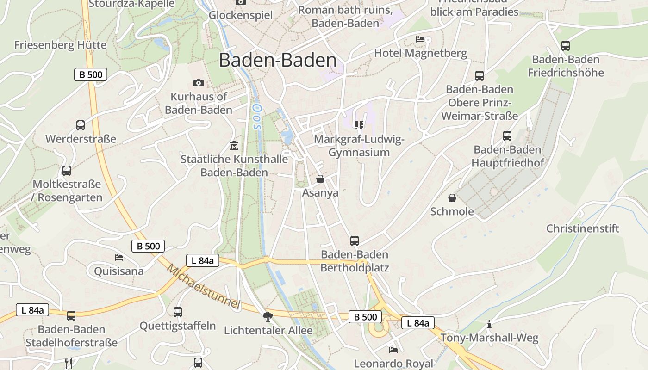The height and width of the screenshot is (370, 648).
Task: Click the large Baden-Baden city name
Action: (278, 61)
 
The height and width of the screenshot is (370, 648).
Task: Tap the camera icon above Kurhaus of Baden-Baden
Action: (199, 83)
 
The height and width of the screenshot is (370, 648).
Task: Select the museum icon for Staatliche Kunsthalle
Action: (234, 146)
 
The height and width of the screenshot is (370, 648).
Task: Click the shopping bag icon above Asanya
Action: (320, 179)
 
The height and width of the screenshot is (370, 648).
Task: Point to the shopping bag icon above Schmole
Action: (452, 198)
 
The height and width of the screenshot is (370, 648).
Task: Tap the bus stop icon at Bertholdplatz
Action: (355, 240)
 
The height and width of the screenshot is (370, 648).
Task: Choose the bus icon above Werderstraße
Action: (81, 125)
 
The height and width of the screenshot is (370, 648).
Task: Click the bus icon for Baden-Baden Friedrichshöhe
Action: (565, 46)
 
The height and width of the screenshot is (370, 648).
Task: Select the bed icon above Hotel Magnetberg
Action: (420, 39)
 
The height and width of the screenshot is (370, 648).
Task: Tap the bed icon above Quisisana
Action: (119, 257)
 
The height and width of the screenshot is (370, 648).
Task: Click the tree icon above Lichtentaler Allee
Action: (268, 316)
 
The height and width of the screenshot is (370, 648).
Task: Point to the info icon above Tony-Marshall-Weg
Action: (489, 324)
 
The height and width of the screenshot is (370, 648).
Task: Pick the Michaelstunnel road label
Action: (204, 286)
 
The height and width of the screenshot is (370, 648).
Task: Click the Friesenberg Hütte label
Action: (60, 45)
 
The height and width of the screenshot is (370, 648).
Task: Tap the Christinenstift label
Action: (583, 228)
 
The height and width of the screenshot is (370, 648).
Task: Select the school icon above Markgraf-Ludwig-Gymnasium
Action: (359, 125)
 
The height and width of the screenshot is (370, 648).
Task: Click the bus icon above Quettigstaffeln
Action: (178, 312)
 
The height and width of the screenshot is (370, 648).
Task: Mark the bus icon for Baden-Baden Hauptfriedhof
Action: (507, 136)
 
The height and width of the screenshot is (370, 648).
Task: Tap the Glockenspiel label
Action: (241, 15)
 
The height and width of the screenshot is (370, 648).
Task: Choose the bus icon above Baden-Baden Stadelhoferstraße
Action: (71, 316)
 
